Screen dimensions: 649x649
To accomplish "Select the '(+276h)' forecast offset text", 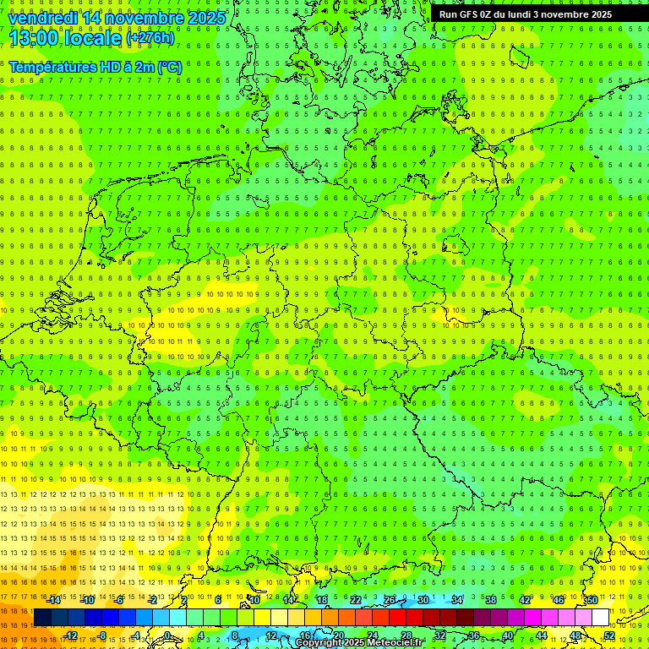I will point(150,38).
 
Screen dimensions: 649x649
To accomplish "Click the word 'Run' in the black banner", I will point(448,14).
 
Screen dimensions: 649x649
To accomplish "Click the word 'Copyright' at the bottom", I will point(321,643).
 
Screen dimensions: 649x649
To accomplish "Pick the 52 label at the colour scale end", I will point(609,635).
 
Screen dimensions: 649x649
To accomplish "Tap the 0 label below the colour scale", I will point(167,635).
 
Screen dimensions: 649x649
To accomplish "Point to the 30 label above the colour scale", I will point(423,600).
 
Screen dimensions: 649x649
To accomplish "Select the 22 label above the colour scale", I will point(356,600).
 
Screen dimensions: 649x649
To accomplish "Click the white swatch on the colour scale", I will point(600,618).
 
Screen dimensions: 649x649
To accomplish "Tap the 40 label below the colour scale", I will point(507,635).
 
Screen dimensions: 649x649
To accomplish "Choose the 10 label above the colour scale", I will point(254,600).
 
